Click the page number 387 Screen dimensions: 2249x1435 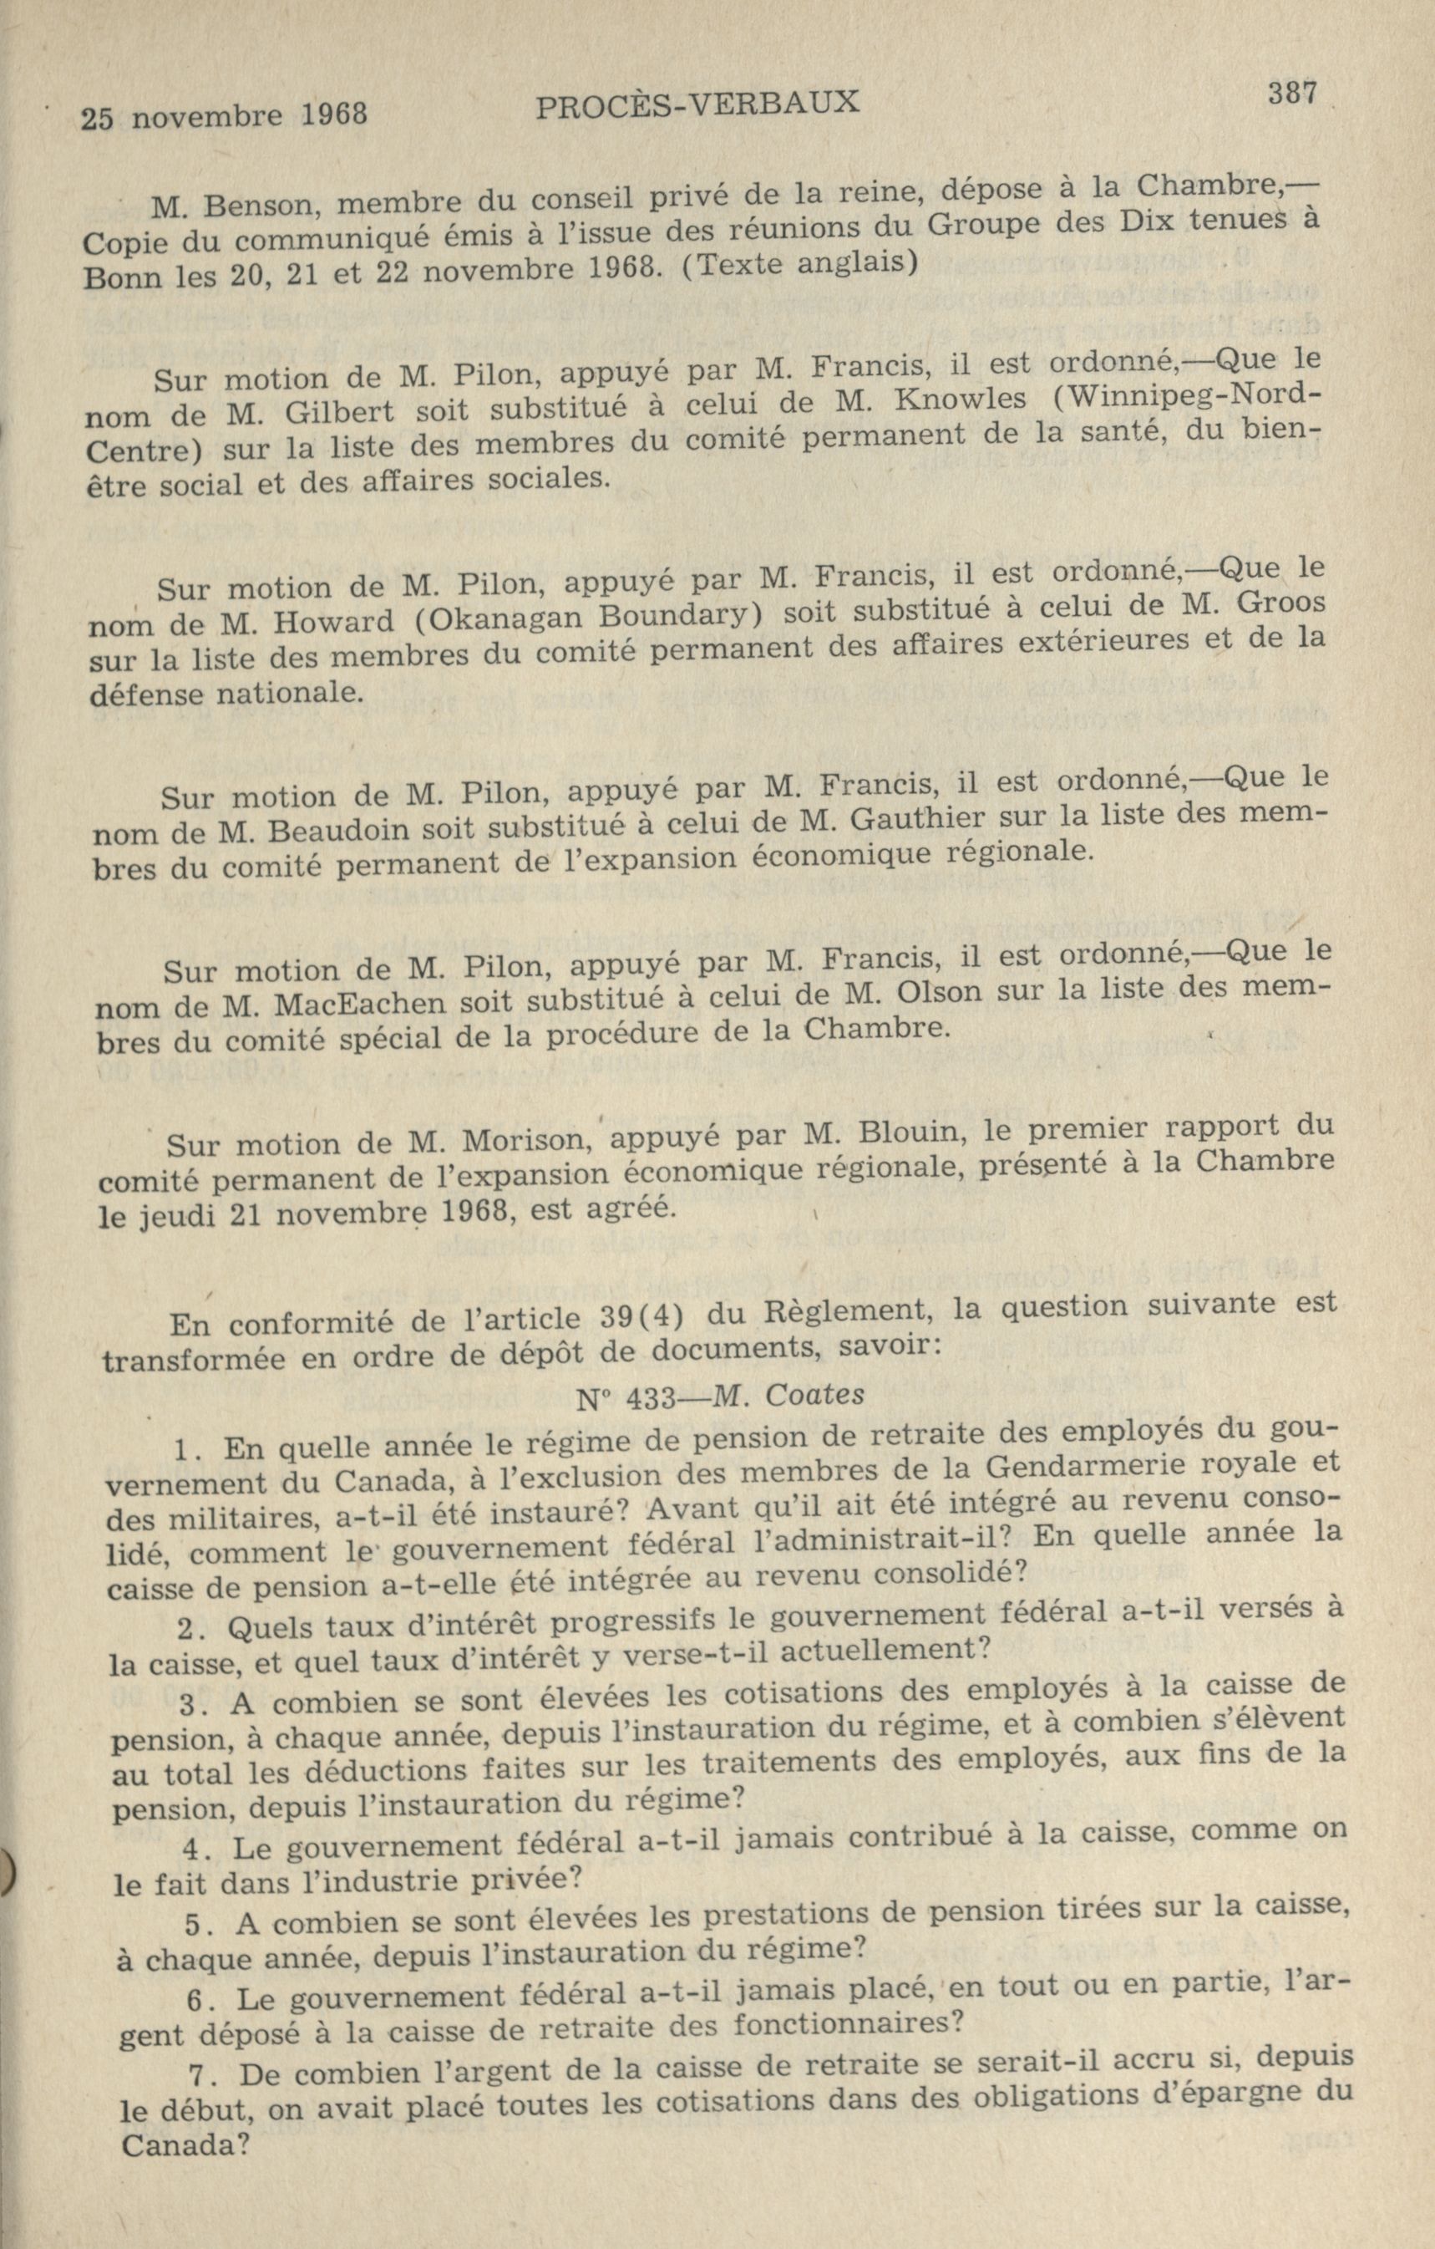pyautogui.click(x=1292, y=94)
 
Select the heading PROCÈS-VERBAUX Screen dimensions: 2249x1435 pyautogui.click(x=698, y=104)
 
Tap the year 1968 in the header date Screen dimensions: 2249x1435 pyautogui.click(x=334, y=114)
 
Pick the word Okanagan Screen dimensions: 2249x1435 pyautogui.click(x=494, y=618)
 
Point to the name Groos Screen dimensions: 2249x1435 pyautogui.click(x=1280, y=603)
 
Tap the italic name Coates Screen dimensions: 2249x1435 pyautogui.click(x=814, y=1396)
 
